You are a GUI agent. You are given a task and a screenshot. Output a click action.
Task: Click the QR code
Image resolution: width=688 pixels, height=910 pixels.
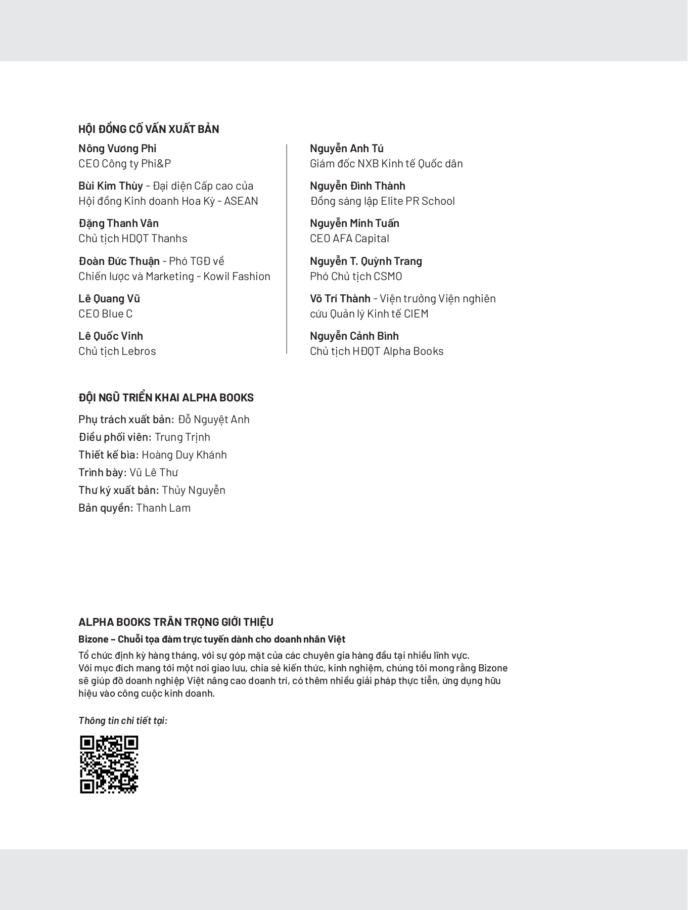(x=109, y=764)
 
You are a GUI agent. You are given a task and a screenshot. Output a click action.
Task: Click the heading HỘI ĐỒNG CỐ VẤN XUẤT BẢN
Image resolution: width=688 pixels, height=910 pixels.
(x=149, y=129)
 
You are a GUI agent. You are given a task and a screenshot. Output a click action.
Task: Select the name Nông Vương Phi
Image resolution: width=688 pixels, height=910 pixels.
(x=117, y=148)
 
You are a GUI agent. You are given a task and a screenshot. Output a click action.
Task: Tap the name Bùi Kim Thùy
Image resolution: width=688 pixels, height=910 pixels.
(x=111, y=186)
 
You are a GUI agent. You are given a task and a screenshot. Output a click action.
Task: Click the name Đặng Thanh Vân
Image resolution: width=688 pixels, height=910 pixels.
(x=118, y=223)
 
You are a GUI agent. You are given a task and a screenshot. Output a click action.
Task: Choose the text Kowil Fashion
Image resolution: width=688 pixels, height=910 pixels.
(x=237, y=276)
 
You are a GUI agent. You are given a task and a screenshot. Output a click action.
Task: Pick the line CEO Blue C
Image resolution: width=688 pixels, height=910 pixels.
(x=105, y=313)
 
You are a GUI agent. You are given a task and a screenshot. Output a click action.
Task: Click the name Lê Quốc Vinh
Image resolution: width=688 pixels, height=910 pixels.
(x=111, y=336)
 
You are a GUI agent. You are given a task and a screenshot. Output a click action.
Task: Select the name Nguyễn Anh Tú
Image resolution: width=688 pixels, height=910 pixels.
(x=346, y=148)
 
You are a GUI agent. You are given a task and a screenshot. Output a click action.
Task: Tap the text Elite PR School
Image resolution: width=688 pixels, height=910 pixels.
(x=418, y=201)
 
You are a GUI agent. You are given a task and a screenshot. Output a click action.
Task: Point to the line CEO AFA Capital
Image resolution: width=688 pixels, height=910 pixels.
(x=349, y=238)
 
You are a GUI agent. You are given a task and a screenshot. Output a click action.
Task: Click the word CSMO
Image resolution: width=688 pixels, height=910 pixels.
(x=388, y=276)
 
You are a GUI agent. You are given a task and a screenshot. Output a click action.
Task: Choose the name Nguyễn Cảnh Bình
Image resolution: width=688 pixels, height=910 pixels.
(x=354, y=336)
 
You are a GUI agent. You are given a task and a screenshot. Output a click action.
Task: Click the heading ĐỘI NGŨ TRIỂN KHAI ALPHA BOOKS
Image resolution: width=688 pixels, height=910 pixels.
(x=166, y=397)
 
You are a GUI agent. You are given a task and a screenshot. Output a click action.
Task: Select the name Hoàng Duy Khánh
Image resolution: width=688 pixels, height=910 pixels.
(x=184, y=454)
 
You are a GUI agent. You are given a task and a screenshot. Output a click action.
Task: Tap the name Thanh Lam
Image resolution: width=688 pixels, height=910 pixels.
(x=163, y=508)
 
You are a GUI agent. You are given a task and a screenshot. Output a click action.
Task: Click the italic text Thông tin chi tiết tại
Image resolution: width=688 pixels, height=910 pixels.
(x=122, y=720)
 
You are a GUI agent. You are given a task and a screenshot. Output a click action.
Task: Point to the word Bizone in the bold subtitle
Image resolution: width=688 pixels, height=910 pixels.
(x=93, y=639)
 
